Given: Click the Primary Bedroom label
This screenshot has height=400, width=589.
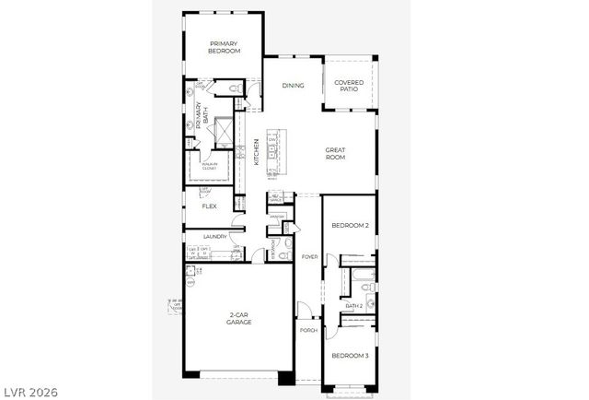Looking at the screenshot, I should (225, 47).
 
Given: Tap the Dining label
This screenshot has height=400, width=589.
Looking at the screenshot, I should (294, 86).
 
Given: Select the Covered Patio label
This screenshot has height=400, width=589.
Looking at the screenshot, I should (349, 86).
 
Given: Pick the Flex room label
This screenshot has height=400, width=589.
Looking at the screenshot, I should (209, 206).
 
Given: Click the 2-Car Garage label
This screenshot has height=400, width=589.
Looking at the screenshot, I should (239, 320).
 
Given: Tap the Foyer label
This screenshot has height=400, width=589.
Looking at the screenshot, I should (309, 256).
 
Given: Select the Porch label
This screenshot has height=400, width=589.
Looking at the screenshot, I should (307, 329).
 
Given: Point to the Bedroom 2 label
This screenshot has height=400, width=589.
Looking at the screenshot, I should (350, 226).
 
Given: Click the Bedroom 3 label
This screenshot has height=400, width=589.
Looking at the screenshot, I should (350, 356).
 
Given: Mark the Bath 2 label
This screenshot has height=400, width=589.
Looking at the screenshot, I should (354, 305).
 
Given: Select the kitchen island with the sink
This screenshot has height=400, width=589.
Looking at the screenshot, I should (273, 151).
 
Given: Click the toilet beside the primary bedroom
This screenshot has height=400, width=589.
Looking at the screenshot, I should (234, 88).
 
